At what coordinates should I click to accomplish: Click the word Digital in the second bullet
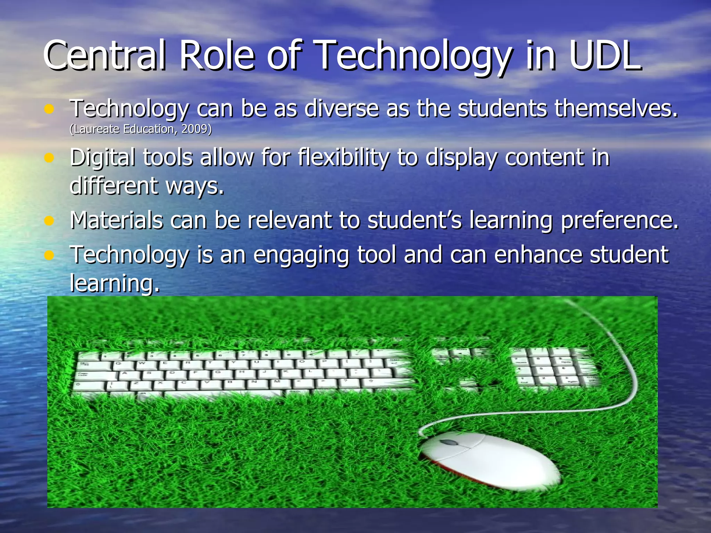[x=102, y=158]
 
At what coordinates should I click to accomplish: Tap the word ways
[x=194, y=186]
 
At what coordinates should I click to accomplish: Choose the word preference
[x=619, y=221]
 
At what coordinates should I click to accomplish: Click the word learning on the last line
[x=115, y=283]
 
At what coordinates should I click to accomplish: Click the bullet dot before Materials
[x=49, y=221]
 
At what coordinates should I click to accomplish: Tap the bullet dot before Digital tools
[x=49, y=158]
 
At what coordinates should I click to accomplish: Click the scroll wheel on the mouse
[x=447, y=443]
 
